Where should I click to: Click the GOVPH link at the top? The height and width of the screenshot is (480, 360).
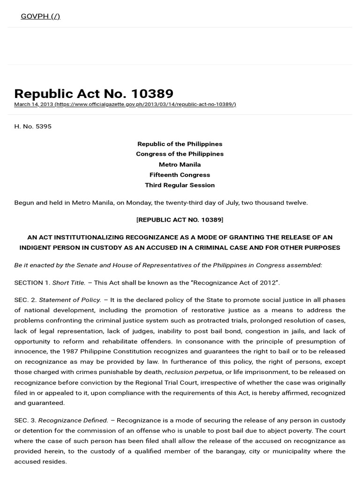click(x=40, y=16)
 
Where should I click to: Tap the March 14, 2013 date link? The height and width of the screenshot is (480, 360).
click(x=33, y=104)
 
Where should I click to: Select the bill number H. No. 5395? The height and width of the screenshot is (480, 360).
click(x=33, y=127)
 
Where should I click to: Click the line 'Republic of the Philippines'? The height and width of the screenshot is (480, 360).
click(x=180, y=144)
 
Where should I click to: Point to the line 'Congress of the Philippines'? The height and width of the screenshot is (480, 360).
click(x=180, y=154)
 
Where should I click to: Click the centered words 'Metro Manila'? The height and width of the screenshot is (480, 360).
click(x=180, y=165)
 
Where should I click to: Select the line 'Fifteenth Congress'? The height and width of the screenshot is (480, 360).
click(x=180, y=175)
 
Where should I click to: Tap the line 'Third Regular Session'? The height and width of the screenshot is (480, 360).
click(x=180, y=185)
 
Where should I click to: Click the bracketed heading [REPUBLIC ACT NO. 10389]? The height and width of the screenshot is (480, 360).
click(x=180, y=220)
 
